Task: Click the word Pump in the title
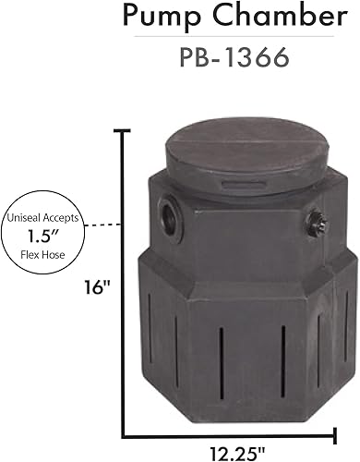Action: [166, 16]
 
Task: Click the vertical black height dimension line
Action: [123, 277]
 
